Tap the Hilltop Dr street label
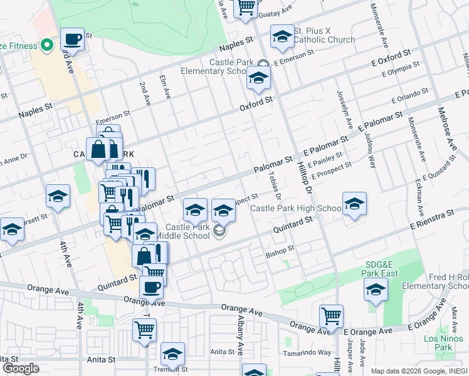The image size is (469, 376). click(303, 169)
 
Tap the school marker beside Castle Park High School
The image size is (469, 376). click(354, 204)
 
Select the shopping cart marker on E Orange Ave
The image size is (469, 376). click(331, 316)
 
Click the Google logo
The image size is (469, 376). click(20, 368)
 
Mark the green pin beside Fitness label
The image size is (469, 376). click(46, 45)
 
